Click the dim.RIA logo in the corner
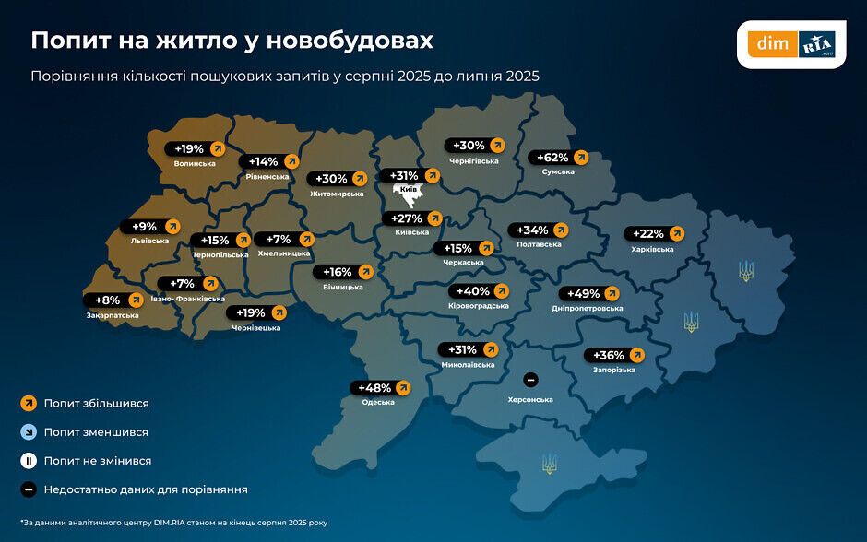click(792, 43)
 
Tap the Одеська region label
click(379, 402)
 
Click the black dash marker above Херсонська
click(529, 380)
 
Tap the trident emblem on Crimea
click(550, 463)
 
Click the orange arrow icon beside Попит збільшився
click(28, 403)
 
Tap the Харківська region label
click(653, 249)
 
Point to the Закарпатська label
click(113, 315)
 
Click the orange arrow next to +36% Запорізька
click(635, 355)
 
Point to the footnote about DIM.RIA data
click(174, 523)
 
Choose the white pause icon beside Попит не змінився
click(28, 460)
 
